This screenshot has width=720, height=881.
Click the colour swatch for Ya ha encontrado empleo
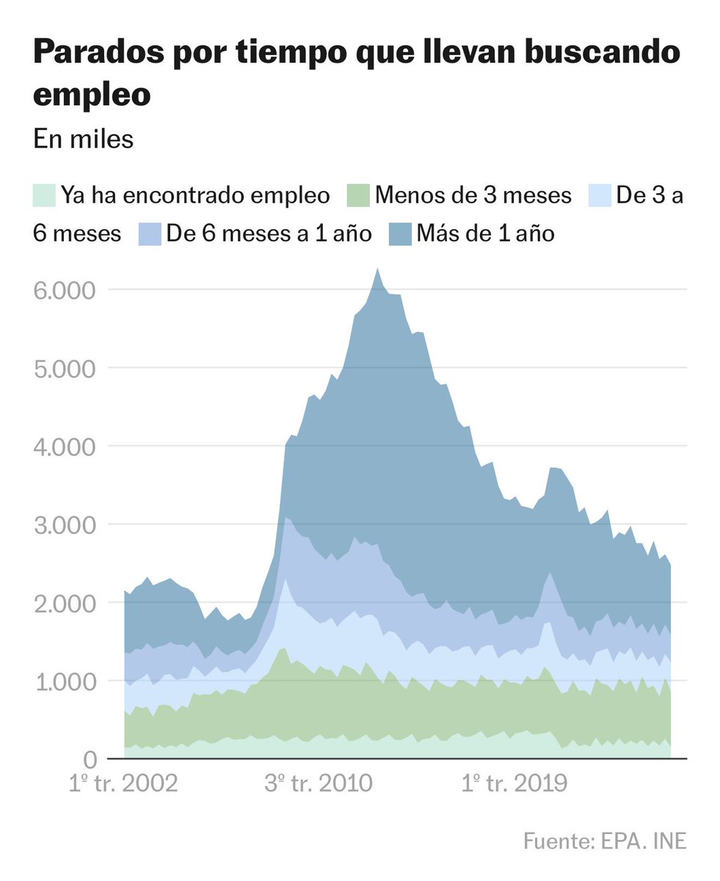click(44, 195)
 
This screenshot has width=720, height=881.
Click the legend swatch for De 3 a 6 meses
click(601, 195)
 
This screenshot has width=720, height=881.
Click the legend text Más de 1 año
click(485, 233)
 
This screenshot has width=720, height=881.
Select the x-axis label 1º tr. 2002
click(123, 783)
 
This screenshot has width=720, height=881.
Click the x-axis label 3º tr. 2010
click(318, 783)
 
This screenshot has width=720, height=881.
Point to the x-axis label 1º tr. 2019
click(514, 783)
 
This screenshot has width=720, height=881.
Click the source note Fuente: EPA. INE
click(605, 841)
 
